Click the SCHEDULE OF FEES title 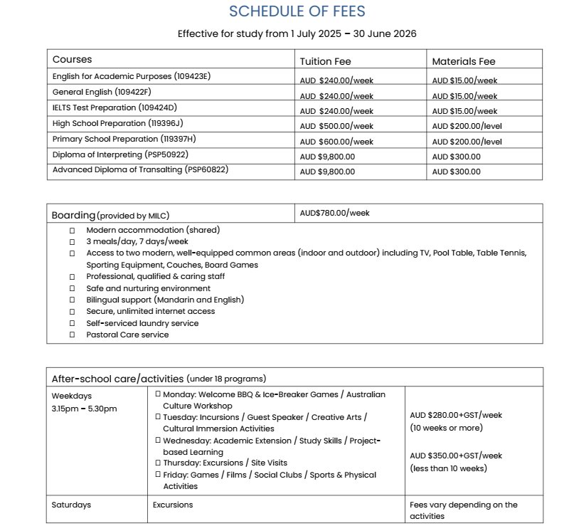click(x=297, y=12)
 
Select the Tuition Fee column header click(x=325, y=61)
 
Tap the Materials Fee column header click(x=463, y=61)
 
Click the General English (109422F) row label click(x=102, y=92)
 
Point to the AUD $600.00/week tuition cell click(x=336, y=142)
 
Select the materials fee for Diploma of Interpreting click(x=456, y=157)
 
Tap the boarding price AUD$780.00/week click(x=334, y=213)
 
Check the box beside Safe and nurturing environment click(x=73, y=288)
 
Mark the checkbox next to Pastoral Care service click(x=73, y=335)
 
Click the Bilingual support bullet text click(x=165, y=300)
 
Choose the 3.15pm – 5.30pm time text click(x=84, y=409)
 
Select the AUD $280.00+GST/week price click(x=456, y=415)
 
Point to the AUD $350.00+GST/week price click(x=456, y=456)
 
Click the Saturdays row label click(x=71, y=505)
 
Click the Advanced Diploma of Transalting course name click(x=140, y=169)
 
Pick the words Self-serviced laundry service click(x=142, y=323)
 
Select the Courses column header click(x=72, y=60)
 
